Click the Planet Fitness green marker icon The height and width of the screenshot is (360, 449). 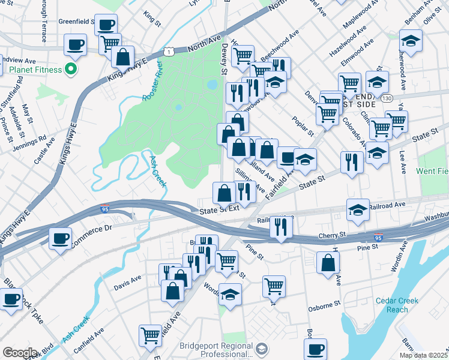coord(70,70)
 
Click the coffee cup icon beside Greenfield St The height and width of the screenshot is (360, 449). coord(106,25)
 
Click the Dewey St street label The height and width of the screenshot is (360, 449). coord(224,58)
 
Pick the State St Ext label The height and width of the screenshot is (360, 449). coord(220,209)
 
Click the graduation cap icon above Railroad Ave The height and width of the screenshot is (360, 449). coord(358,210)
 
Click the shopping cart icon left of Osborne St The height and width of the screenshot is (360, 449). coord(274,286)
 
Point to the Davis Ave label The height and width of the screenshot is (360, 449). coord(128,278)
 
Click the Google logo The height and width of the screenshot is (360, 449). coord(19,353)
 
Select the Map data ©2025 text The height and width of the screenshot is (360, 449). coord(423,355)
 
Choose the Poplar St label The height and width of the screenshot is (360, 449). coord(304,125)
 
